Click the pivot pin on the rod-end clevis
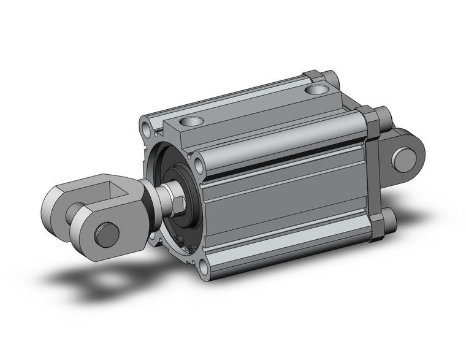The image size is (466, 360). click(x=105, y=234)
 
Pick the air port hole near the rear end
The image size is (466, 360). click(x=318, y=90)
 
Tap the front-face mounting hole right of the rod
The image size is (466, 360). click(x=198, y=165)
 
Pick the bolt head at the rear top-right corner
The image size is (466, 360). click(x=383, y=115)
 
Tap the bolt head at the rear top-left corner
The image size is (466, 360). click(x=331, y=78)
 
